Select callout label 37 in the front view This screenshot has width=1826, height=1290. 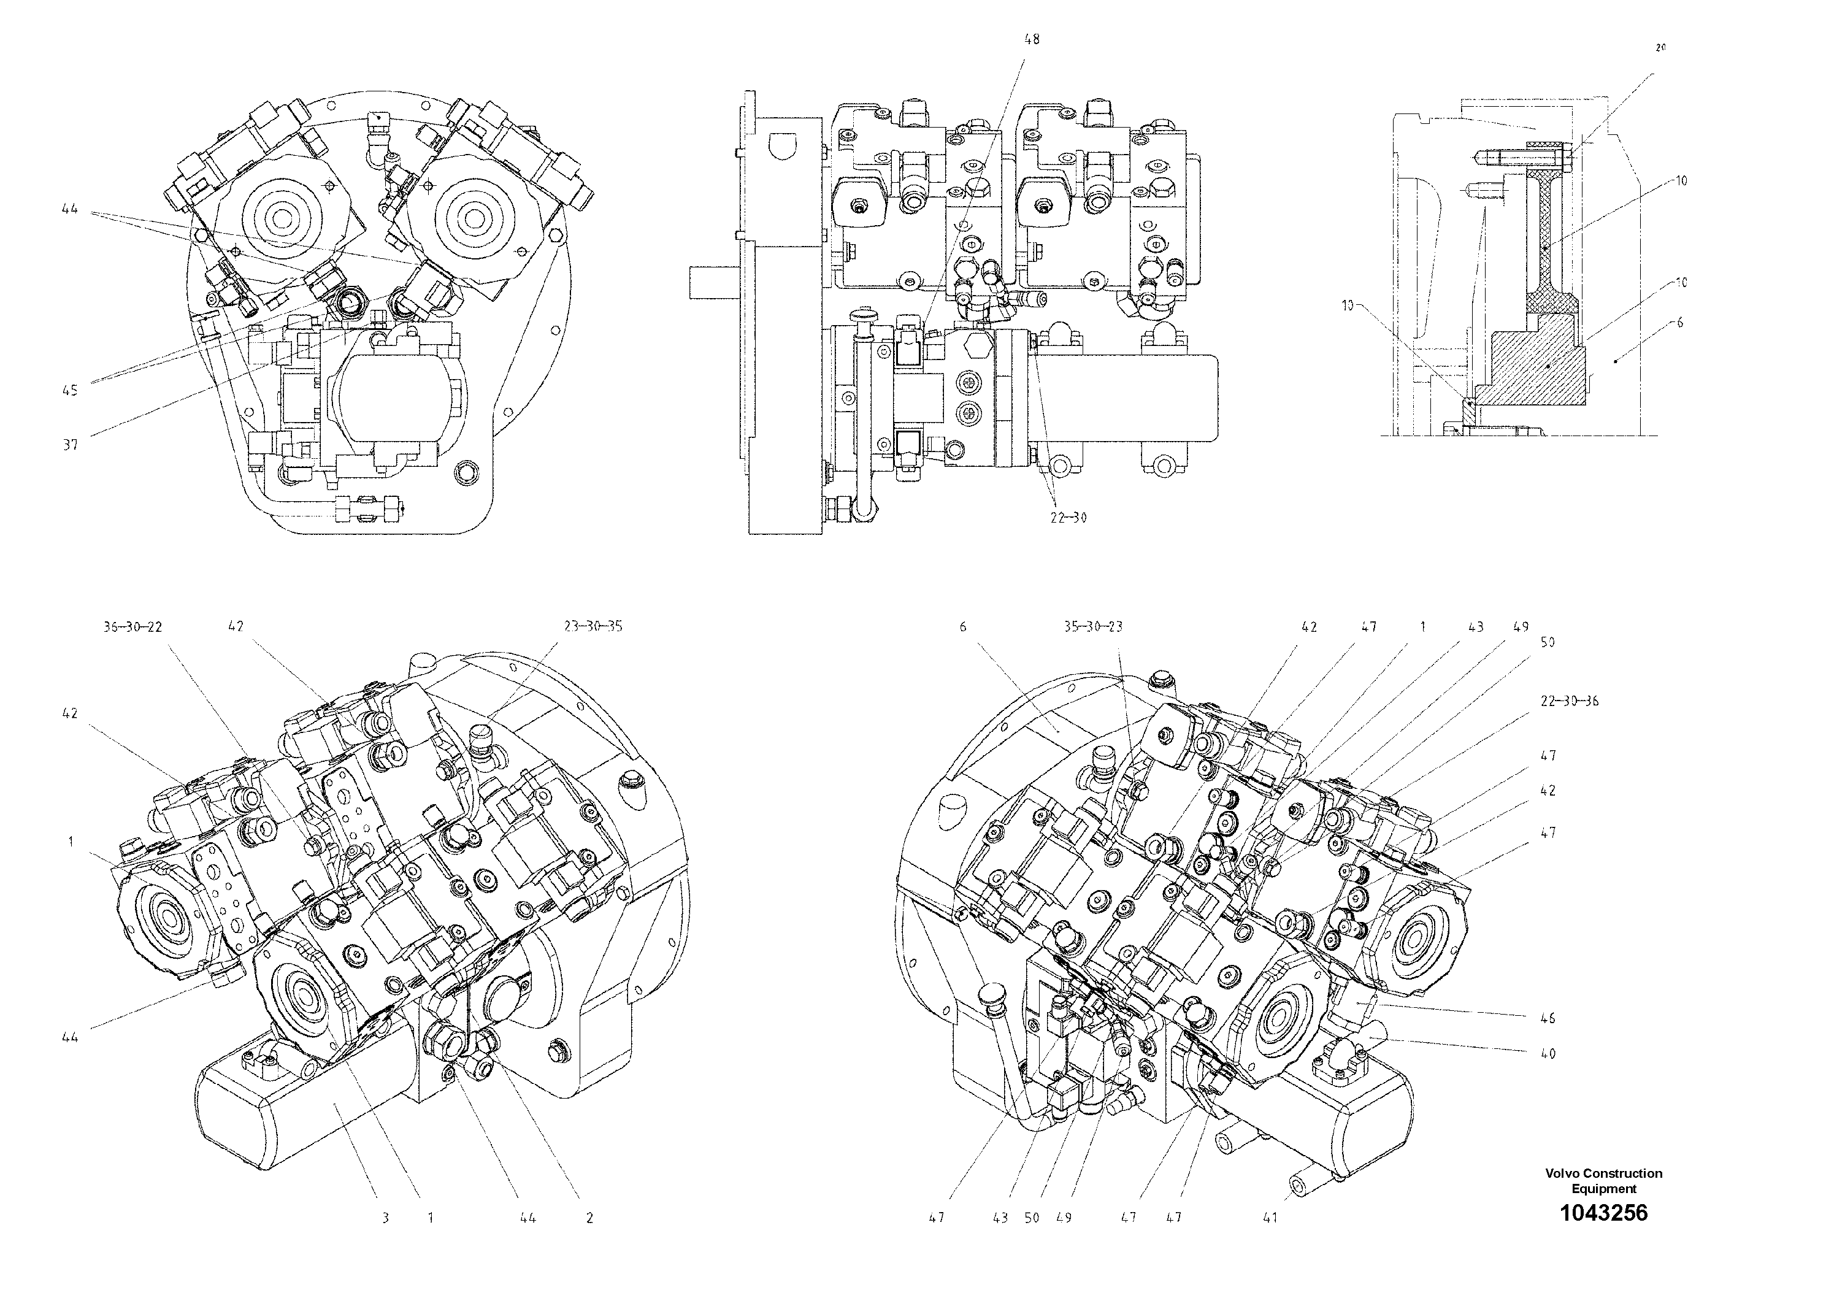(x=71, y=445)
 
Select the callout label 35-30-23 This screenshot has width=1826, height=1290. (x=1093, y=627)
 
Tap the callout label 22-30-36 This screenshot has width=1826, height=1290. (x=1568, y=701)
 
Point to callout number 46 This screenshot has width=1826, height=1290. (x=1547, y=1018)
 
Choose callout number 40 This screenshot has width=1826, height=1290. (x=1547, y=1054)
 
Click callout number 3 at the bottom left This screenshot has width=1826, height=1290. (x=385, y=1218)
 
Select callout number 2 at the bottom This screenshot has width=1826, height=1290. (x=589, y=1218)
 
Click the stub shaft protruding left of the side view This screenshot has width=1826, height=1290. (x=713, y=282)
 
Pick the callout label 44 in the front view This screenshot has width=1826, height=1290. (x=70, y=209)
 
